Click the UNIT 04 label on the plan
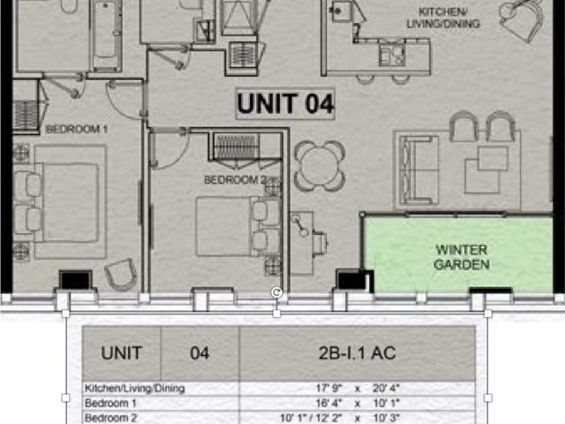pos(285,104)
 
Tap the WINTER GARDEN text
pos(462,257)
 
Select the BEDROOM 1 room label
pos(77,129)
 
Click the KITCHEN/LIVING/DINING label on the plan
pos(443,18)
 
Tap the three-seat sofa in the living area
pos(418,170)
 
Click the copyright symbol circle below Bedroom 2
pos(276,292)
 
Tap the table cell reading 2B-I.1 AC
pos(357,353)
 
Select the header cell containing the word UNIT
pos(122,353)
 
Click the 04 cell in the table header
pos(200,353)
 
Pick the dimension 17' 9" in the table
pos(329,389)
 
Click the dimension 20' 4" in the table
pos(387,389)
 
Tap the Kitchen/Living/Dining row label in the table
pos(135,389)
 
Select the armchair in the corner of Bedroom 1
pos(121,275)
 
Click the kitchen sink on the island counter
pos(392,54)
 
